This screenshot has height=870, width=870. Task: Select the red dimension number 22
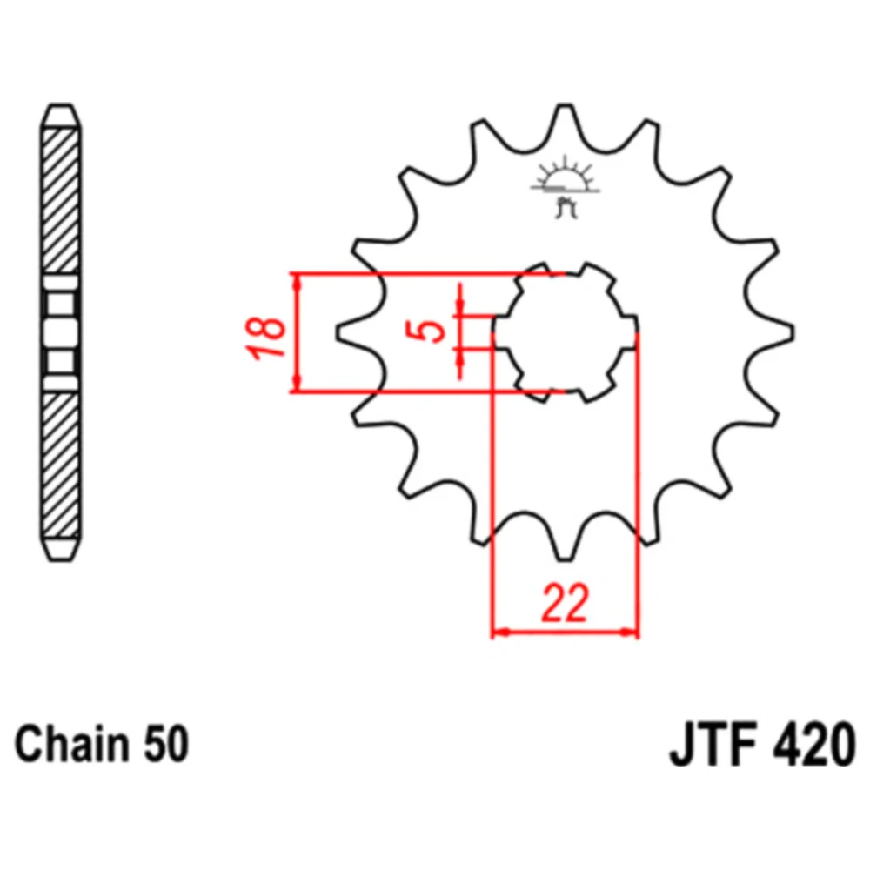(565, 603)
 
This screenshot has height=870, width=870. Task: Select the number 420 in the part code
(813, 745)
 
